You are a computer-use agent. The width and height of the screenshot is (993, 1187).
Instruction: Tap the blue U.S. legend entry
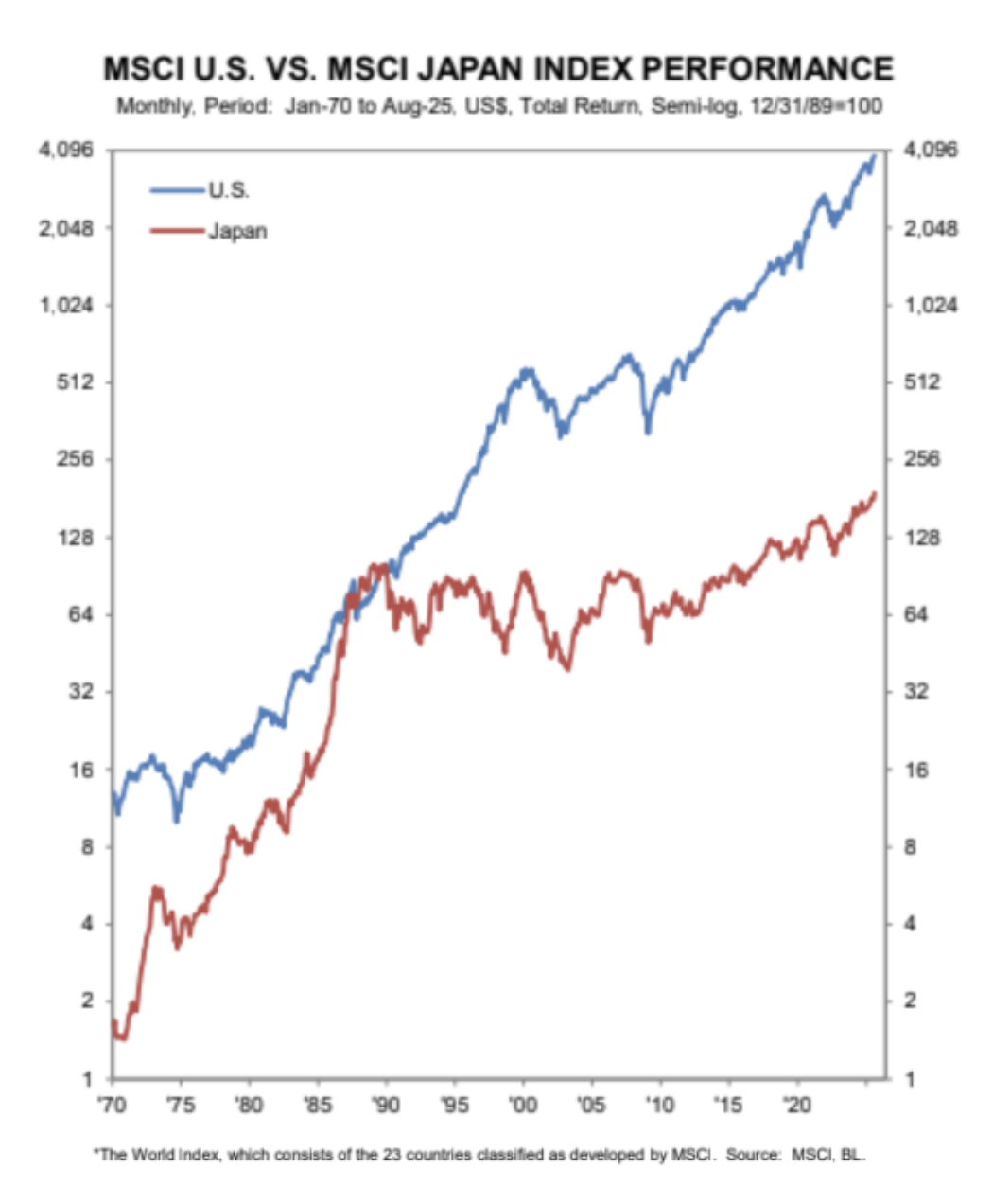click(x=228, y=190)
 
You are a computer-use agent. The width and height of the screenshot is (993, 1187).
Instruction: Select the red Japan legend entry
click(x=237, y=231)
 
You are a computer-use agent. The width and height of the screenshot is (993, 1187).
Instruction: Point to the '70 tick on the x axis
click(x=112, y=1104)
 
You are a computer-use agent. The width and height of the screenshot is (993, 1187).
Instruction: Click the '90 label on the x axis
click(x=386, y=1104)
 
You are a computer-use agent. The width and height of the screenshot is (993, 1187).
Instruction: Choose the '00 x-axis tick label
click(x=523, y=1104)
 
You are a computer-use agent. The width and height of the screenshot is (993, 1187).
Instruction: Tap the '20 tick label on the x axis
click(x=797, y=1104)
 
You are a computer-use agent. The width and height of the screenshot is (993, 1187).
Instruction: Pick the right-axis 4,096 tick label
click(x=931, y=150)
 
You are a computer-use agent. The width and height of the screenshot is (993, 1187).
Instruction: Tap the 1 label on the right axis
click(x=910, y=1078)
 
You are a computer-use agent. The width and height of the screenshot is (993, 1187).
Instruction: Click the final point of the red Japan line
click(x=875, y=492)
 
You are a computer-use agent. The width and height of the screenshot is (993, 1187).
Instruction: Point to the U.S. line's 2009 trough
click(x=648, y=432)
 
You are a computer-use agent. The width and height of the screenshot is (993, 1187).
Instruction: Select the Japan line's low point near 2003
click(x=567, y=668)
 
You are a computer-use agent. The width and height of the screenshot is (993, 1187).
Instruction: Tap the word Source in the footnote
click(x=753, y=1154)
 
